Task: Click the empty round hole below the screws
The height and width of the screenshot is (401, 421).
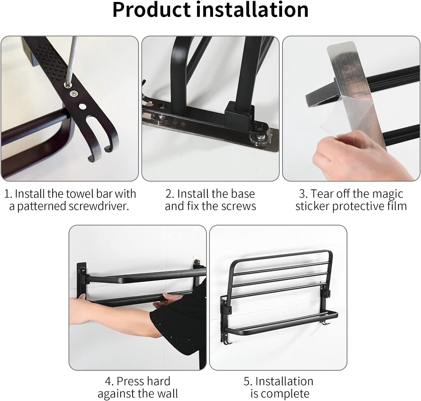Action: coord(82,106)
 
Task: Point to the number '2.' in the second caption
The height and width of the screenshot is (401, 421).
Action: coord(170,194)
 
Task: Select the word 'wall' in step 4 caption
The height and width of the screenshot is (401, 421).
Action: coord(167,394)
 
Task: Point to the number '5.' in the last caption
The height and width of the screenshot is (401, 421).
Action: coord(248,381)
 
